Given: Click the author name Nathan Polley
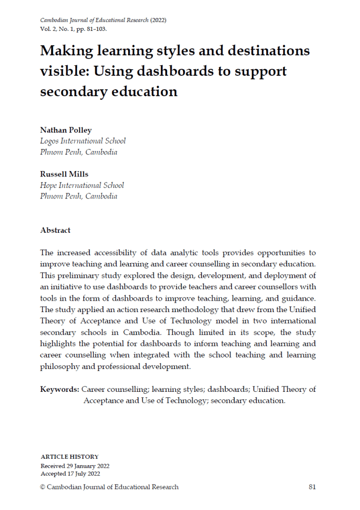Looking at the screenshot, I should [x=66, y=130].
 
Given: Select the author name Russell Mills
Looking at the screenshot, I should [x=64, y=174].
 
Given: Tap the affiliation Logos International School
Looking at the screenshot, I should [x=83, y=141].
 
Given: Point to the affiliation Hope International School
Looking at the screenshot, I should [x=82, y=185].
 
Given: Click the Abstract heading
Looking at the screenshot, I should [x=55, y=230].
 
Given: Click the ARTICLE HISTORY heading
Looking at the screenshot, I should [x=69, y=457].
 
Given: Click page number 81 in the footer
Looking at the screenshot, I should [x=312, y=487].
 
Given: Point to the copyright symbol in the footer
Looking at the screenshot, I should [x=42, y=487].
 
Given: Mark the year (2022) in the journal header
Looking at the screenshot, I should [x=158, y=20].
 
